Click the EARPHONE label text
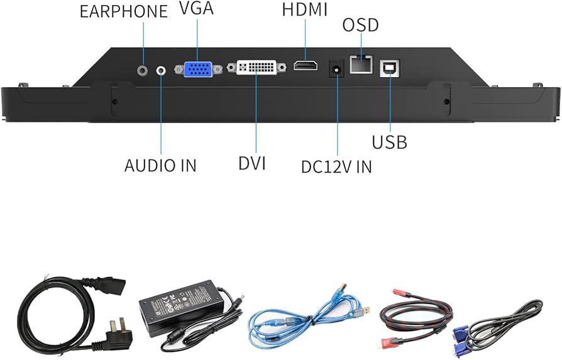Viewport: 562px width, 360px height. [x=124, y=11]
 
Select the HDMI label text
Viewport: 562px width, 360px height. [x=305, y=9]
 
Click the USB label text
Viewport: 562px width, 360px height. [x=389, y=142]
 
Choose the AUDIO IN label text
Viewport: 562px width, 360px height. [x=160, y=165]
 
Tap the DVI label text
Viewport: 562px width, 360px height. [x=252, y=163]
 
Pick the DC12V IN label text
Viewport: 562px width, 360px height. [x=336, y=166]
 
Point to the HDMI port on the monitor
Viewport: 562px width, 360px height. [x=306, y=67]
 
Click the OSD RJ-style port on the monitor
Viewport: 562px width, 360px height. [x=361, y=64]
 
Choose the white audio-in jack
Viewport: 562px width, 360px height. [x=162, y=70]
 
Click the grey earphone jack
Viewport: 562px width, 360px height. [x=144, y=68]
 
